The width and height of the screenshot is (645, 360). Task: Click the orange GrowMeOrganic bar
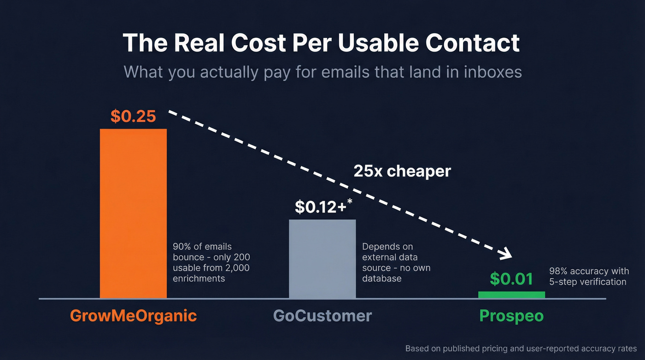tap(133, 213)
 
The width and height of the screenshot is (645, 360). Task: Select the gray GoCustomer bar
tap(322, 259)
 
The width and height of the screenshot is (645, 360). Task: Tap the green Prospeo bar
tap(511, 295)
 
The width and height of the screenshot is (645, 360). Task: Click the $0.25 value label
tap(133, 116)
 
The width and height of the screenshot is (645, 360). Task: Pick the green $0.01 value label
tap(511, 278)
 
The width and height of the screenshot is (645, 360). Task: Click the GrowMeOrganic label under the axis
tap(133, 316)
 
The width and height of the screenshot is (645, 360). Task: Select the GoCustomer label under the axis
tap(322, 316)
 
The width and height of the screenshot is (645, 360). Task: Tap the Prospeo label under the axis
tap(511, 316)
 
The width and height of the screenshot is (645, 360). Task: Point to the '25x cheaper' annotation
tap(402, 171)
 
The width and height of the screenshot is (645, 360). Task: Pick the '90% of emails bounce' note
tap(211, 262)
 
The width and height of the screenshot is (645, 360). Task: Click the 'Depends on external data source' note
tap(396, 262)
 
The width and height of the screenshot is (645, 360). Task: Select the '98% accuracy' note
tap(587, 276)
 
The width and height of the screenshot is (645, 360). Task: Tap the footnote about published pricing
tap(521, 348)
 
